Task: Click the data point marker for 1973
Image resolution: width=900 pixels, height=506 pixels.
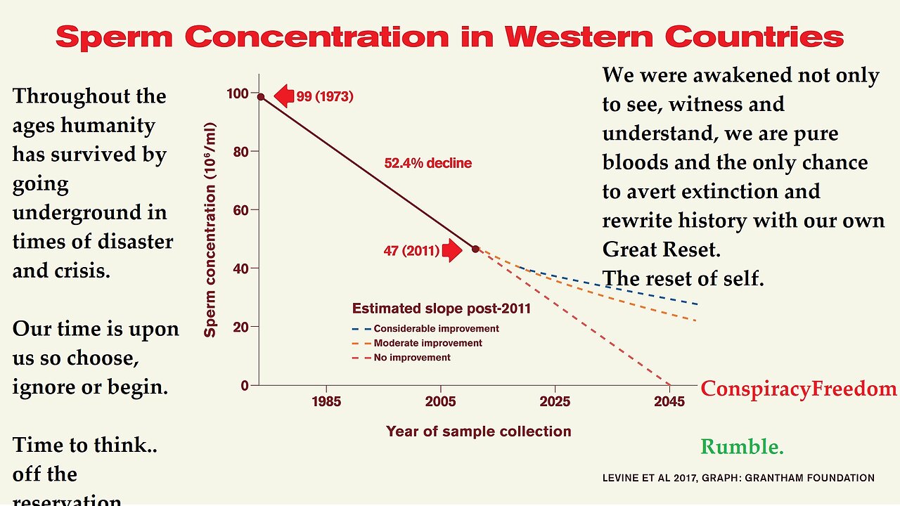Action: coord(261,97)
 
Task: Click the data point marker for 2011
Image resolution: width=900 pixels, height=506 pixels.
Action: coord(475,249)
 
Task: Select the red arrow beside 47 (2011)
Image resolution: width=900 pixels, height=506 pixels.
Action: coord(451,250)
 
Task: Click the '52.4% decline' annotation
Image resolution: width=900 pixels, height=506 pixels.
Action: coord(427,163)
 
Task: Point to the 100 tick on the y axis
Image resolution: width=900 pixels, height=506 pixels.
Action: coord(238,93)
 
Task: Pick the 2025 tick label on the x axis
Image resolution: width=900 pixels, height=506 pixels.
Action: coord(555,402)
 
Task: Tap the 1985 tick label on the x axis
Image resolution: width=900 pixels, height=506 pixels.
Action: coord(326,402)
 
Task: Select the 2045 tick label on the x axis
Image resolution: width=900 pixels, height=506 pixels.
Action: coord(669,402)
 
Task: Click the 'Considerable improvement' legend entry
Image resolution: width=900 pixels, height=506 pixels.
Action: coord(436,328)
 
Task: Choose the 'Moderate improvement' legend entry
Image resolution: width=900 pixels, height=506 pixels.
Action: coord(427,343)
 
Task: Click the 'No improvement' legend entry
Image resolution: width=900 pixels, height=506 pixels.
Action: coord(412,357)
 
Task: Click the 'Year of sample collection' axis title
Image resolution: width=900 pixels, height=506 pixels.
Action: coord(478,431)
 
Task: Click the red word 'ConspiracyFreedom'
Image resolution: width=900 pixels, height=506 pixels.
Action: coord(799,389)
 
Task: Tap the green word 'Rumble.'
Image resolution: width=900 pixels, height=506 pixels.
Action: coord(742,446)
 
